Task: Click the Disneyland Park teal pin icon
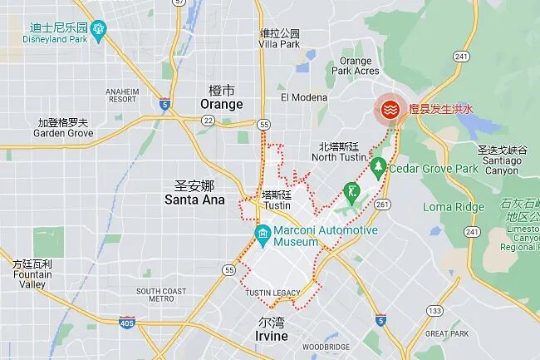tap(100, 32)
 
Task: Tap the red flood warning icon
tap(387, 109)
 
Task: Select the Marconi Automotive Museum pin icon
tap(263, 231)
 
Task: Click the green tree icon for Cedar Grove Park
tap(379, 168)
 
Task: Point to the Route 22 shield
tap(209, 121)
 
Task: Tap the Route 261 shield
tap(382, 204)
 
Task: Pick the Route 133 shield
tap(434, 311)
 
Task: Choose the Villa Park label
tap(279, 38)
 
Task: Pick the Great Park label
tap(447, 333)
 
